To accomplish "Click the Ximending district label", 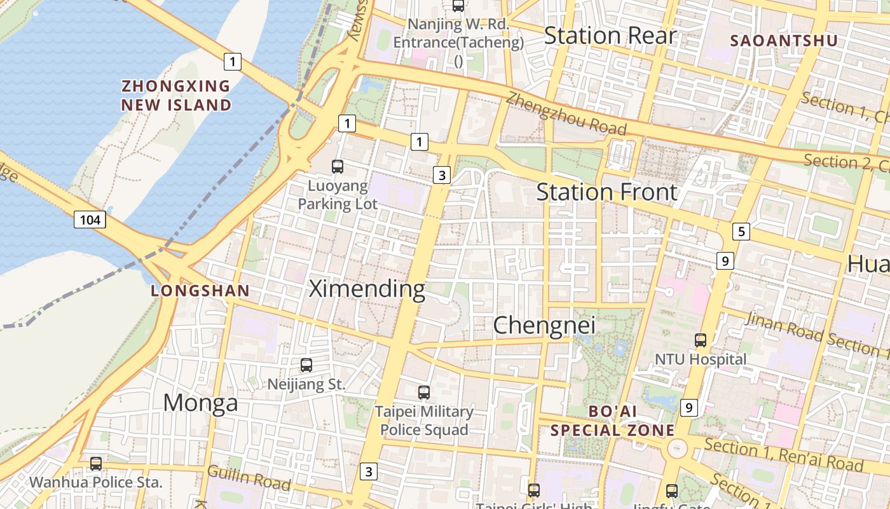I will [x=367, y=289].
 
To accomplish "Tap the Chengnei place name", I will [x=544, y=325].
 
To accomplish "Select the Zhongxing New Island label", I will [x=176, y=95].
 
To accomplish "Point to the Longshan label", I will [x=200, y=291].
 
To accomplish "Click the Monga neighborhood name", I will [x=200, y=403].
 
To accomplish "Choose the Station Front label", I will [x=606, y=192].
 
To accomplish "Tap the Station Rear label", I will [x=610, y=36].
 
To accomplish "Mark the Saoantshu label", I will [x=783, y=41].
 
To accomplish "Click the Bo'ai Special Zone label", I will [x=612, y=421].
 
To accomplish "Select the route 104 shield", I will [x=90, y=220].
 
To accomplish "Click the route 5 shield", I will [x=741, y=232].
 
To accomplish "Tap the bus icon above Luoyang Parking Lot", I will [x=338, y=167].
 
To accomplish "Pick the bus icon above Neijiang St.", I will [x=306, y=365].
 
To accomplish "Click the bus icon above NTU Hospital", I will [x=701, y=340].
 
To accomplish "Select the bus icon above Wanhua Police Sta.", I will [x=96, y=464].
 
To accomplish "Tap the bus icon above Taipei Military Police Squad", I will [x=424, y=393].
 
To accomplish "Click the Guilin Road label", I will [x=249, y=478].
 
